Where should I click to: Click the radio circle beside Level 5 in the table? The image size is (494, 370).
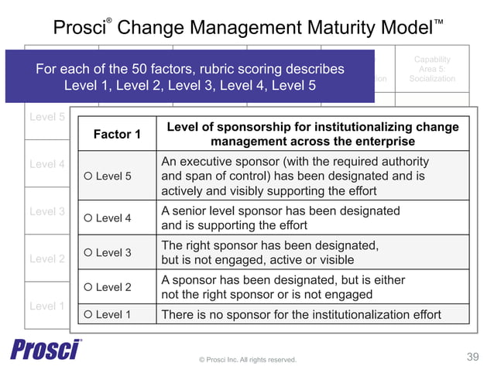[x=88, y=176]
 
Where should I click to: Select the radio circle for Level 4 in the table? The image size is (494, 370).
[x=88, y=218]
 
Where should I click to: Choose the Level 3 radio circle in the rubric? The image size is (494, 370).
[x=88, y=252]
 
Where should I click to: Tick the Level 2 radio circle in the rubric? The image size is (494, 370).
[x=88, y=287]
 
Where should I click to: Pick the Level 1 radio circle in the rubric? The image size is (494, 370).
[x=88, y=314]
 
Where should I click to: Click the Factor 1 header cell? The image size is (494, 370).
[x=117, y=135]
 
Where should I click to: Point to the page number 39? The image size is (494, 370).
[x=473, y=357]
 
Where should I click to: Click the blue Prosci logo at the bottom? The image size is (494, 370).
[x=46, y=349]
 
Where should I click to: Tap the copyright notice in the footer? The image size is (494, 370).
[x=247, y=359]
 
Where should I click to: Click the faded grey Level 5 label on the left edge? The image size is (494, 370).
[x=46, y=118]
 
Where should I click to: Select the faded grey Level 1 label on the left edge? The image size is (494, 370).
[x=46, y=306]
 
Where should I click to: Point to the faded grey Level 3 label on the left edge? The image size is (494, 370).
[x=46, y=211]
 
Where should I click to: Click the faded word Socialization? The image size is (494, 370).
[x=432, y=79]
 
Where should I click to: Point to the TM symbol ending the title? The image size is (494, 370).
[x=438, y=22]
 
